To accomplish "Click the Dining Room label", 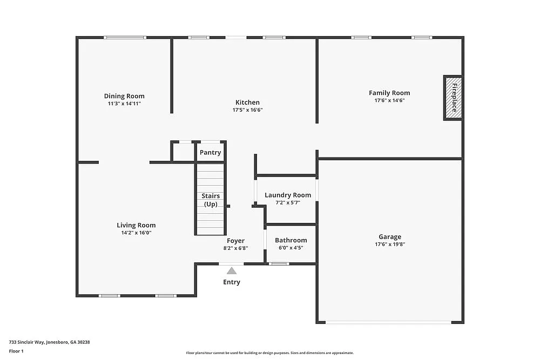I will tap(124, 96).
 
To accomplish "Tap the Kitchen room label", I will tap(247, 103).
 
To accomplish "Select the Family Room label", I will tap(389, 93).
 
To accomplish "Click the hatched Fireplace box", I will tap(453, 98).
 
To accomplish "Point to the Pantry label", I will tap(210, 153).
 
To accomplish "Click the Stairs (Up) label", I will tap(211, 200).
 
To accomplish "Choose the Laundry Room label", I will tap(287, 195).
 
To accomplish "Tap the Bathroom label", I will tap(291, 240).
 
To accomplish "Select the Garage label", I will tap(389, 236).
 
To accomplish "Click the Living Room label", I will tap(136, 225).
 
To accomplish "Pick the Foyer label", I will tap(235, 241).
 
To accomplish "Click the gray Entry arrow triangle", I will tap(232, 271).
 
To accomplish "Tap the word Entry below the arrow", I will tap(232, 282).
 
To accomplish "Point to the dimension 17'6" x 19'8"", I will tap(389, 244).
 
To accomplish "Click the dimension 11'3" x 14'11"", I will tap(124, 103).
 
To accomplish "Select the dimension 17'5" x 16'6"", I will tap(247, 110).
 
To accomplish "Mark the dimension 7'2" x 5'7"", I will tap(287, 202).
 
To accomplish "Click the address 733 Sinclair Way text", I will tap(49, 342).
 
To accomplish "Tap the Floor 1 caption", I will tap(16, 351).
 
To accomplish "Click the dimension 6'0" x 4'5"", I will tap(291, 248).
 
